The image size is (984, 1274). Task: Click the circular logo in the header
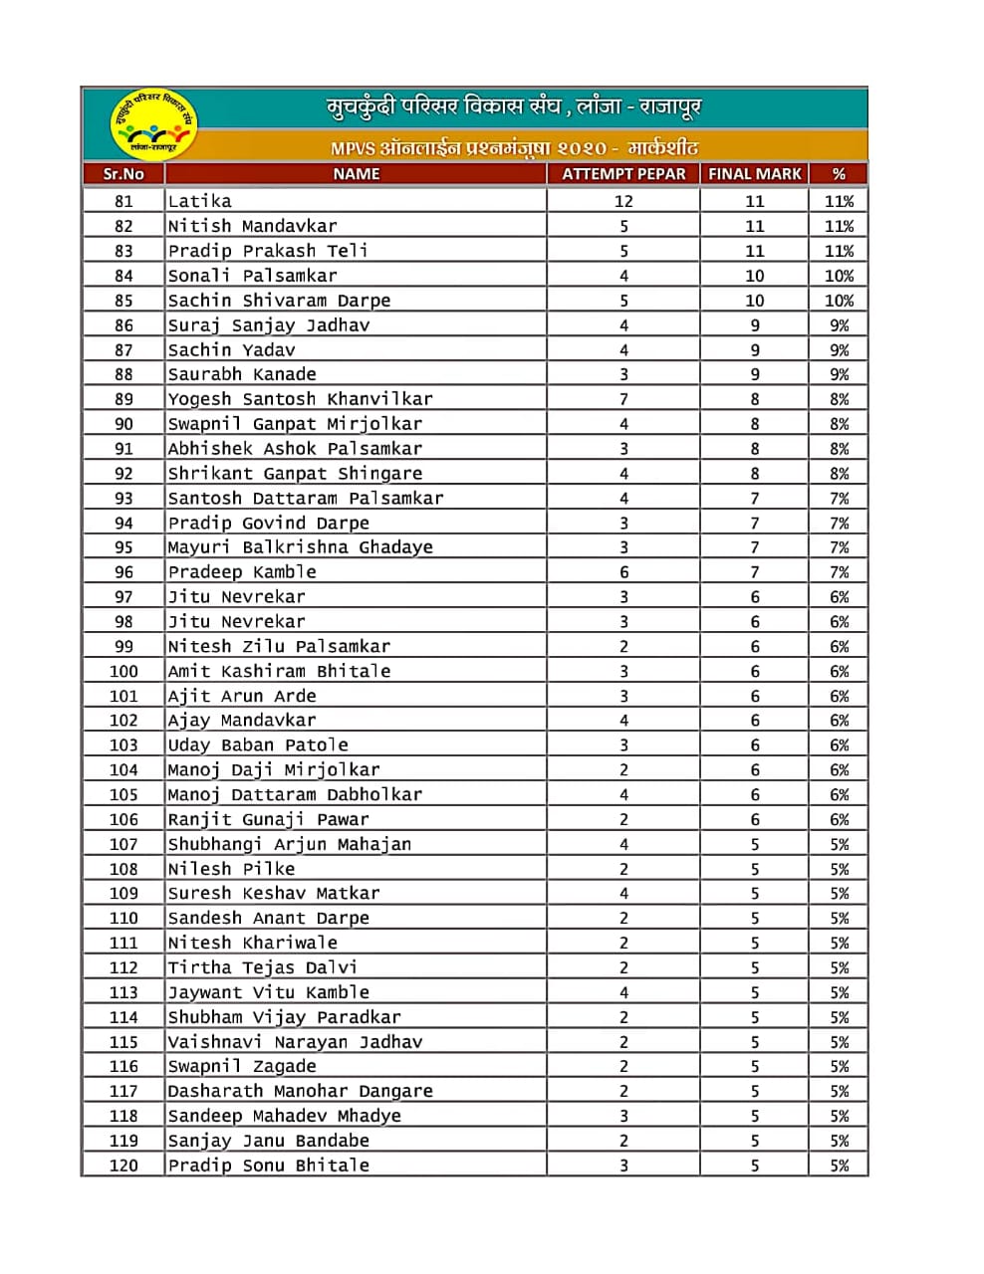tap(152, 124)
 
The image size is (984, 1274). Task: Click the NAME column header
tap(357, 174)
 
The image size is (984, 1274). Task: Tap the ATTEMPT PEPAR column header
tap(623, 174)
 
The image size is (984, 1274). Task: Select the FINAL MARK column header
tap(754, 174)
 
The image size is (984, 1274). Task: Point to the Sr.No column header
tap(123, 174)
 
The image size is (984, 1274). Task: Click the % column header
tap(839, 174)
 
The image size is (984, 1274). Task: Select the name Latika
tap(200, 201)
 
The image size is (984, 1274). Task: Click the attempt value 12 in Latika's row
tap(623, 201)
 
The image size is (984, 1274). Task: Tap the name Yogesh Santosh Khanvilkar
tap(300, 399)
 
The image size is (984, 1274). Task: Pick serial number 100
tap(123, 671)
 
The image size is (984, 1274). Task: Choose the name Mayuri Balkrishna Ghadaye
tap(300, 547)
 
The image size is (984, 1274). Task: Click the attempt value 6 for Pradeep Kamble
tap(623, 572)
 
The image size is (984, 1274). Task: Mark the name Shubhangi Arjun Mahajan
tap(289, 844)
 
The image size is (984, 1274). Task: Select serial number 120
tap(123, 1166)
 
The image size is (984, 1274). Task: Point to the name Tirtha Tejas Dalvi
tap(262, 967)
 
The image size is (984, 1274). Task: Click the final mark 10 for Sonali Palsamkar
tap(754, 276)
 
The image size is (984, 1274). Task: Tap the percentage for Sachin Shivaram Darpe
tap(839, 301)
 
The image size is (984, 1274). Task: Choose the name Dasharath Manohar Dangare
tap(300, 1091)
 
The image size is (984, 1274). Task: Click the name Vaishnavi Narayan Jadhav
tap(295, 1042)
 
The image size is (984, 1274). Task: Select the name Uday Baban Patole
tap(258, 745)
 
